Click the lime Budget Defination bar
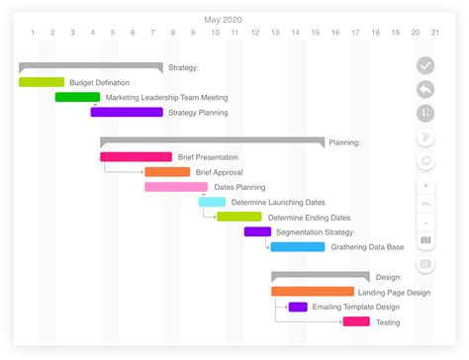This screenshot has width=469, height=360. pos(42,82)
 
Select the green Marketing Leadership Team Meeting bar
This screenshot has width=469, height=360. pos(77,97)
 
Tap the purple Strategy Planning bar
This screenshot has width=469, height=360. pos(127,112)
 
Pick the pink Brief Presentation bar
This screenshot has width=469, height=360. pos(136,156)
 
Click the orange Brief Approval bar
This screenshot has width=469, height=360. pos(167,172)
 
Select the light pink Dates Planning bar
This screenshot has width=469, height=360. pos(176,187)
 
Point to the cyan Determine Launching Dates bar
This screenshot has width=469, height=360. pos(212,202)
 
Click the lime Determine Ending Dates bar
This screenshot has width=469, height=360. pos(239,217)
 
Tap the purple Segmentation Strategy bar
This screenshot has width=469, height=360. pos(257,231)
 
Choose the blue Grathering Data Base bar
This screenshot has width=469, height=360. pos(298,246)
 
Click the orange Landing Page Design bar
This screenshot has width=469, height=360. pos(313,292)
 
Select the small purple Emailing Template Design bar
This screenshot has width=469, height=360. pos(298,307)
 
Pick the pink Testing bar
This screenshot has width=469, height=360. pos(356,321)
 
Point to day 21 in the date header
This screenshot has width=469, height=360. pos(435,33)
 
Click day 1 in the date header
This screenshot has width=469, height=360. pos(33,33)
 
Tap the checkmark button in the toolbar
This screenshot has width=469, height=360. pos(425,65)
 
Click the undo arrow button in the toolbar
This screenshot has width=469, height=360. pos(425,89)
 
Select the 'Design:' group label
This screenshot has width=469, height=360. pos(388,277)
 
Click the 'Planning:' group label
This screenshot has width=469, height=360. pos(344,142)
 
